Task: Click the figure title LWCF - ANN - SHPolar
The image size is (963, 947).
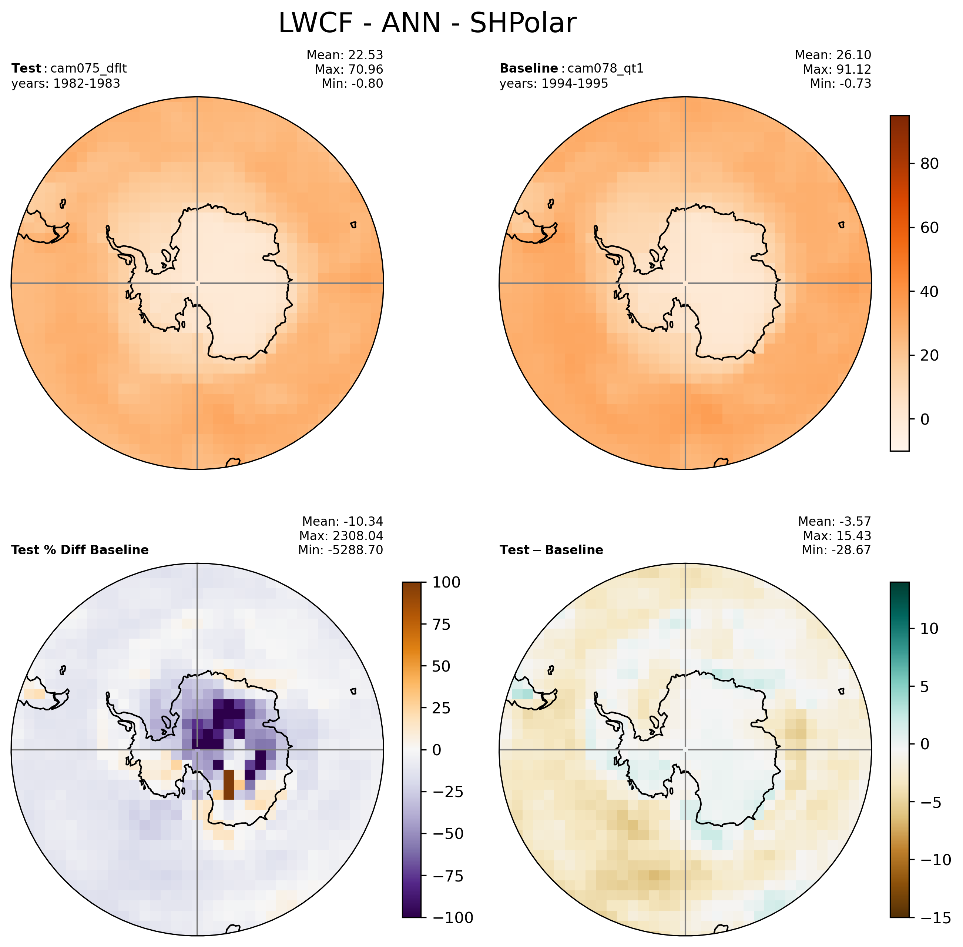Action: tap(427, 23)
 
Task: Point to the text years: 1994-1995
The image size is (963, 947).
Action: tap(554, 84)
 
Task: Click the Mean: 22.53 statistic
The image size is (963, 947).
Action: tap(345, 55)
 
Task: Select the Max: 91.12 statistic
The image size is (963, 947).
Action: tap(837, 69)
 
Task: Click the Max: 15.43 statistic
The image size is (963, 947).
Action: tap(837, 536)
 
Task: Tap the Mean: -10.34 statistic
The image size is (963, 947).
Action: tap(343, 521)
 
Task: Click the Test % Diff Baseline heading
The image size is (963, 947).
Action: tap(80, 550)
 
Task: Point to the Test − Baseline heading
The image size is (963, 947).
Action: tap(551, 550)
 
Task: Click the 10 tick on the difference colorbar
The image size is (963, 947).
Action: tap(929, 629)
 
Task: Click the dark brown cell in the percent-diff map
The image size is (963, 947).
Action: tap(228, 784)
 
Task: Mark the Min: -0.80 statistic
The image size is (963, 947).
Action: tap(352, 84)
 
